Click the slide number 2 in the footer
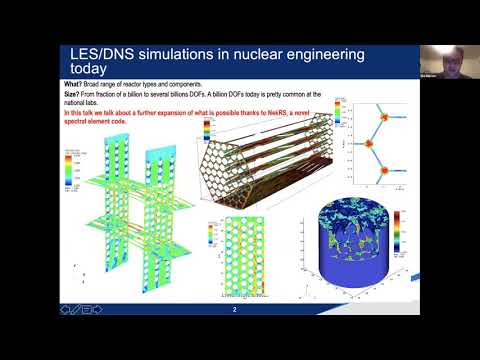234,311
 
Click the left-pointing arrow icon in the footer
66,311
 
